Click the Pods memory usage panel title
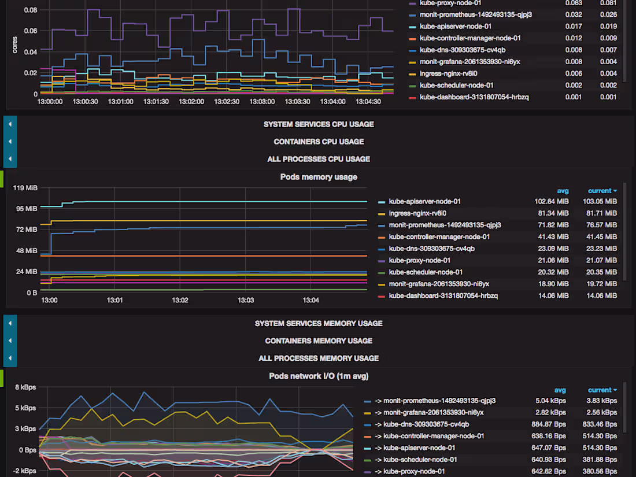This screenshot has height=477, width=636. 319,177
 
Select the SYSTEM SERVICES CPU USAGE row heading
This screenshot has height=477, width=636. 319,124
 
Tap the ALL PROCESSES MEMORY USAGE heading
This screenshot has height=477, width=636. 319,358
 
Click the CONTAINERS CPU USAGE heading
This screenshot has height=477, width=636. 319,142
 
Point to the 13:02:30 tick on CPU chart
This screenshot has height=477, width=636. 227,101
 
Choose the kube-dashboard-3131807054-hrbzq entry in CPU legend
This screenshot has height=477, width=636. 474,97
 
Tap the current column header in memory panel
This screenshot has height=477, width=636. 602,191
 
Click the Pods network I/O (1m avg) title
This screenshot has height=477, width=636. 319,376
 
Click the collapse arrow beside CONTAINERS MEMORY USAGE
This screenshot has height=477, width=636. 10,341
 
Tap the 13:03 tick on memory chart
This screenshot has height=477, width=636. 246,301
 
